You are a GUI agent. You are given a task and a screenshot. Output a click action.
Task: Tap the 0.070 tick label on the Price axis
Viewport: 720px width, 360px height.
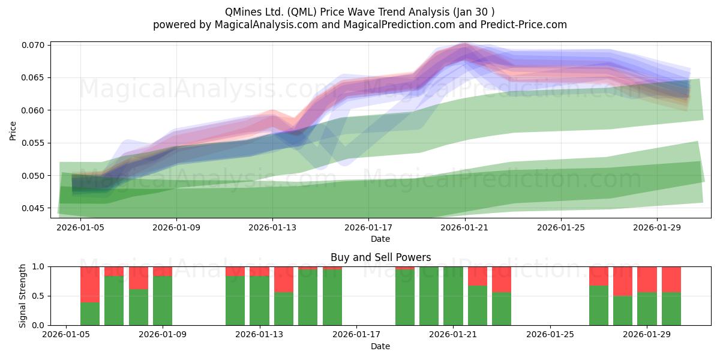pos(32,45)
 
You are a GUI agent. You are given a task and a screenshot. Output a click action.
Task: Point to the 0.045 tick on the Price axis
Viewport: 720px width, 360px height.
pos(32,208)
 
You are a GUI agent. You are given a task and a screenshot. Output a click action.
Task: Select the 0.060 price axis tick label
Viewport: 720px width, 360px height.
pos(32,110)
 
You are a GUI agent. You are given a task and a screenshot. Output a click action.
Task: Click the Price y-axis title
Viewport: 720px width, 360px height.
pos(13,131)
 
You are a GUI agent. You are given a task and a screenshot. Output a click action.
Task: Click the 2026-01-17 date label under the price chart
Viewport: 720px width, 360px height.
pos(368,227)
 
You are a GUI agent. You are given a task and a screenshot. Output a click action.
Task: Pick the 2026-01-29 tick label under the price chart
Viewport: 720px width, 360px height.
pos(657,227)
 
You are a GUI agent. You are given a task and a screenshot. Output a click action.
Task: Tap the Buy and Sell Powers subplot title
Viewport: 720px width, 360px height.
pos(380,257)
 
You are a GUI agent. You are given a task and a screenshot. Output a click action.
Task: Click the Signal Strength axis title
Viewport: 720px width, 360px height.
pos(22,296)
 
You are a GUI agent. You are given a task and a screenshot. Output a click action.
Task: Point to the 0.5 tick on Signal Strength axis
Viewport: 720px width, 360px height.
pos(39,296)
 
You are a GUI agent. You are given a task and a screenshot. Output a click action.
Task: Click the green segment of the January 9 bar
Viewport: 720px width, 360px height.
pos(163,301)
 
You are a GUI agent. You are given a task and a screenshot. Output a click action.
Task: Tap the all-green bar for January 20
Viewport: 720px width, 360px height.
pos(429,296)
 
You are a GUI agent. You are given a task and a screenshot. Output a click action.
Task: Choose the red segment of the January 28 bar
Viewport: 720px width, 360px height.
pos(623,281)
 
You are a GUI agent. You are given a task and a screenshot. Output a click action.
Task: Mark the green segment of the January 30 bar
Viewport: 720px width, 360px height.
pos(671,309)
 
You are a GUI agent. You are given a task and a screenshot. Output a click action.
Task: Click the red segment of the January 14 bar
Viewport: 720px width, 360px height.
pos(284,280)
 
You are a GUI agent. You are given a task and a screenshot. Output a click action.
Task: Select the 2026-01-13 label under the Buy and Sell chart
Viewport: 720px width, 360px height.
pos(259,335)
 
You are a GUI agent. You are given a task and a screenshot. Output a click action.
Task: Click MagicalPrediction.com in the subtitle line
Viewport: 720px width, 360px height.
pos(399,25)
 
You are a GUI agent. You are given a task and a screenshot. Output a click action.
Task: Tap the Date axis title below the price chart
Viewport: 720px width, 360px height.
pos(380,239)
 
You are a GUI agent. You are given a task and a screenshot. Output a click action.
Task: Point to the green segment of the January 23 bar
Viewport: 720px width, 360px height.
pos(502,309)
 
